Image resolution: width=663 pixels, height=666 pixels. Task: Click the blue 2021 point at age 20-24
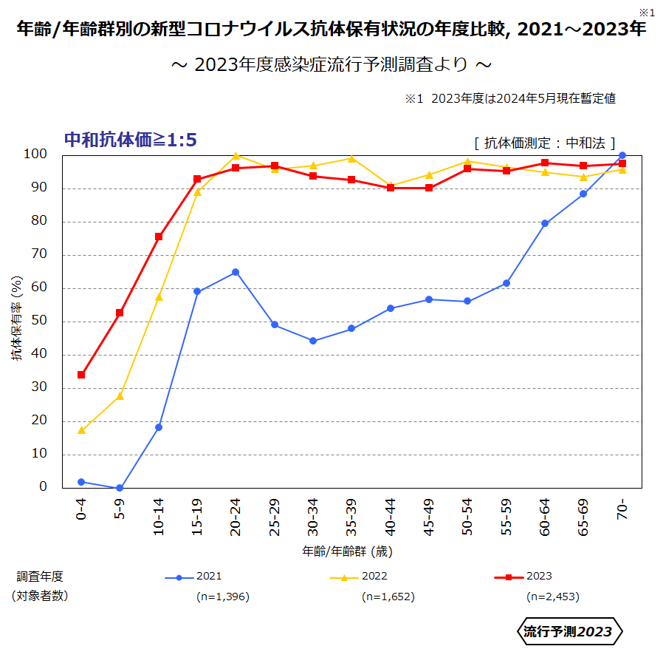pyautogui.click(x=236, y=272)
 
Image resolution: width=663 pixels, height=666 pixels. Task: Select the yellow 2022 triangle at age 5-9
pyautogui.click(x=120, y=396)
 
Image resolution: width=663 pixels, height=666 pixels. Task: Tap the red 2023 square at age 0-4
pyautogui.click(x=81, y=375)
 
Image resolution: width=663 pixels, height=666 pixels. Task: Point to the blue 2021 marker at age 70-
pyautogui.click(x=622, y=155)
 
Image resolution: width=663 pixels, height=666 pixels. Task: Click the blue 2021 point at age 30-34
pyautogui.click(x=313, y=341)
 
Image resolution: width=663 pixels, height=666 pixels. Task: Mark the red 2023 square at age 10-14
pyautogui.click(x=159, y=237)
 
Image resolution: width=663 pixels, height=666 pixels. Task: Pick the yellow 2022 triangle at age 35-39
pyautogui.click(x=351, y=158)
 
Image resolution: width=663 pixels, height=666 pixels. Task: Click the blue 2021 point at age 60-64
pyautogui.click(x=545, y=223)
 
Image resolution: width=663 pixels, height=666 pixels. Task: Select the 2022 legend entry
pyautogui.click(x=359, y=577)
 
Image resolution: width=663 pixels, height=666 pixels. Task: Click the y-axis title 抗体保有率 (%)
pyautogui.click(x=16, y=318)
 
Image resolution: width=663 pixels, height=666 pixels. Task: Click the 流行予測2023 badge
pyautogui.click(x=568, y=631)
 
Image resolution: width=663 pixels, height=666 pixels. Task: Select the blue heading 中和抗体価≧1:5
pyautogui.click(x=131, y=140)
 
